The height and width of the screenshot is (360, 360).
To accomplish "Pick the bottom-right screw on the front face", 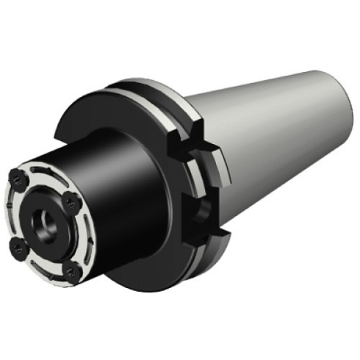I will point(71,273).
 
